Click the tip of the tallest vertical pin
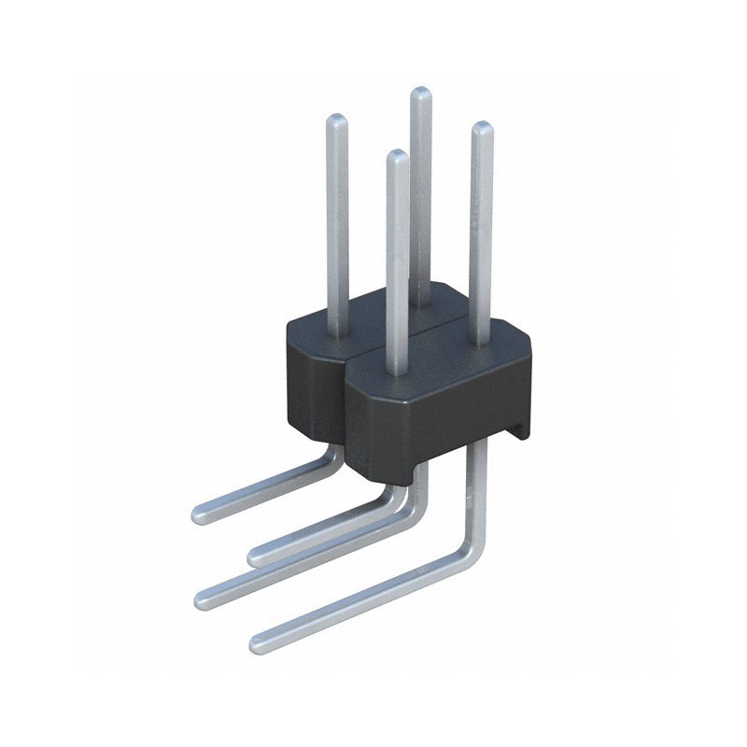coord(421,92)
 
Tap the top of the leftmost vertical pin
coord(336,120)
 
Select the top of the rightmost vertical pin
coord(482,128)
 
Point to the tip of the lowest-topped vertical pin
coord(397,155)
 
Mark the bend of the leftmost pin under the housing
coord(329,455)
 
